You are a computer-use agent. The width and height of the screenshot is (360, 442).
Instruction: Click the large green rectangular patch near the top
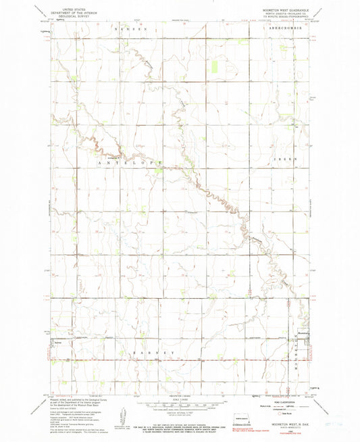[215, 66]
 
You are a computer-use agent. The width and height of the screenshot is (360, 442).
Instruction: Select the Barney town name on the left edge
[59, 343]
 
